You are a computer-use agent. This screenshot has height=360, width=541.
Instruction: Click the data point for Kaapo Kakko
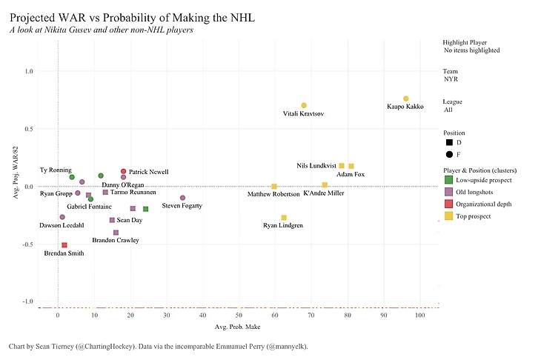[406, 99]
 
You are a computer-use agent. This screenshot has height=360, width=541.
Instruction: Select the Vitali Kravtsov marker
[304, 105]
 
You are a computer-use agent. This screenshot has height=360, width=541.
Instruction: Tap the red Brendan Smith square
[64, 244]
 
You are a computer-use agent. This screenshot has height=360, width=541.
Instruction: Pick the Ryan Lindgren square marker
[284, 217]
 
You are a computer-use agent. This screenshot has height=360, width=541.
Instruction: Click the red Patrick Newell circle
[124, 171]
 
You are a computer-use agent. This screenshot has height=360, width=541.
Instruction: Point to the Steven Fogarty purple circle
[183, 198]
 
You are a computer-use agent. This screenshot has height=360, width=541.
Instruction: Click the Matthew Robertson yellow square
[274, 186]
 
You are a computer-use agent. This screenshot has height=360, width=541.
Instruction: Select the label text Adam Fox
[350, 175]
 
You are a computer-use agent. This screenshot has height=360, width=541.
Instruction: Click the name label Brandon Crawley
[115, 241]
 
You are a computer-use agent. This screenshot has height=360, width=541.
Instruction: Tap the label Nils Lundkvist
[316, 166]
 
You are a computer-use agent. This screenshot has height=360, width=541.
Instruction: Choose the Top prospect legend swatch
[449, 216]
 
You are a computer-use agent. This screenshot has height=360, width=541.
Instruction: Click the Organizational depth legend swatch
[449, 204]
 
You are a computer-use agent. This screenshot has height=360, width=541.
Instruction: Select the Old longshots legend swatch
[449, 192]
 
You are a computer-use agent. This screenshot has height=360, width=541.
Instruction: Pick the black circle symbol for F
[449, 155]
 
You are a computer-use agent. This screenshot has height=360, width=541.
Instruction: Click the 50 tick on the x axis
[239, 316]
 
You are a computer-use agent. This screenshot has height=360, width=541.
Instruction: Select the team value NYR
[451, 79]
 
